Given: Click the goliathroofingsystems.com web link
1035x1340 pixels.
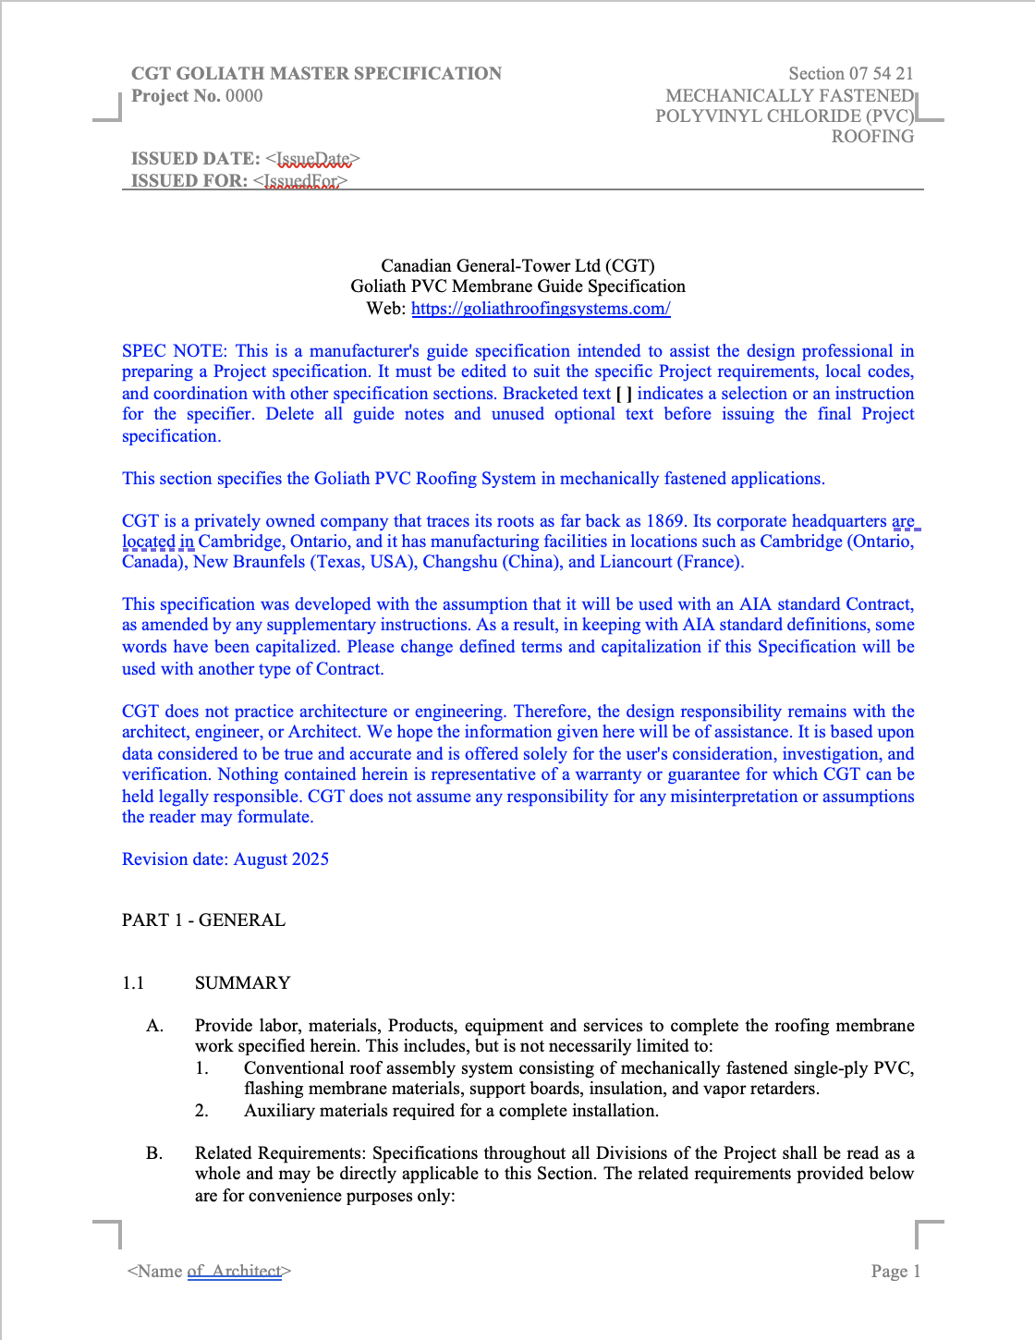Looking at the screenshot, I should [x=541, y=309].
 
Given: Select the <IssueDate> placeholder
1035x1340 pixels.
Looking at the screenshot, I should [x=312, y=159].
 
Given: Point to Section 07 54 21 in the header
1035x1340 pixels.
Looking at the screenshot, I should [x=850, y=74].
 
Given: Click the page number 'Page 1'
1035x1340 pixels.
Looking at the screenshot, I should [x=895, y=1272].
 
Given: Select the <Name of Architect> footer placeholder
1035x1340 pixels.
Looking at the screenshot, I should [x=210, y=1272].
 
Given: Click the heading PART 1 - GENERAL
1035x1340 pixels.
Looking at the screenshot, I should [x=203, y=920].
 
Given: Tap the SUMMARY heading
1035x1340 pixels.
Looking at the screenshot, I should [x=242, y=983].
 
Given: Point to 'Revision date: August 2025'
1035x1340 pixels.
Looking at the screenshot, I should [x=225, y=859].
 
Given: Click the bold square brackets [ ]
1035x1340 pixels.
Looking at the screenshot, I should [x=624, y=394].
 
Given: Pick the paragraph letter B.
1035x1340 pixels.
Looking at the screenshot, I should [x=154, y=1153].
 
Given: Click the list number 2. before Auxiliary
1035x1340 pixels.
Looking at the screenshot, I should [x=201, y=1111].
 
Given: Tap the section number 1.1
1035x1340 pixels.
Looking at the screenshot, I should [x=133, y=983].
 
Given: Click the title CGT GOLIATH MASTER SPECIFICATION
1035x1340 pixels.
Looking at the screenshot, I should [x=316, y=74].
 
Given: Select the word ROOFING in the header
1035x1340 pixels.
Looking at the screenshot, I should [x=872, y=137].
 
